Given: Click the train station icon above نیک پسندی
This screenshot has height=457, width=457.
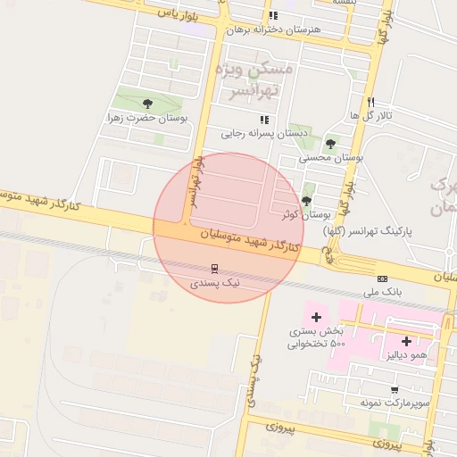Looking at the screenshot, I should point(215,268).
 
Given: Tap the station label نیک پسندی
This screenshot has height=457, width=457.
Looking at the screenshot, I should point(215,282).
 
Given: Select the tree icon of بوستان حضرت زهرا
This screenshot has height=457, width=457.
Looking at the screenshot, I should point(148,103).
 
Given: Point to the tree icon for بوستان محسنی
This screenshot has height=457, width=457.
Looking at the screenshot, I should point(331,143).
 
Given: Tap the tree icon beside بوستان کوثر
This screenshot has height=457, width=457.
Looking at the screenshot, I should point(308,201).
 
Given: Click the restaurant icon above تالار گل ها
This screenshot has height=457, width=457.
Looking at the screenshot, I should point(370,102).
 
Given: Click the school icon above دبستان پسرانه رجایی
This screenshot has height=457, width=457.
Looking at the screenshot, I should point(263,119).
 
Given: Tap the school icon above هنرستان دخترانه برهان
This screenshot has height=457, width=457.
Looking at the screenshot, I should point(272,15).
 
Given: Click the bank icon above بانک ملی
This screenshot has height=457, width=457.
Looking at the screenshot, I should point(383,278).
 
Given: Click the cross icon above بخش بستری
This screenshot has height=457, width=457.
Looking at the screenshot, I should point(316,317).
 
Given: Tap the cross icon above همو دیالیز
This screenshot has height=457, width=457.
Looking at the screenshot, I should point(407,341).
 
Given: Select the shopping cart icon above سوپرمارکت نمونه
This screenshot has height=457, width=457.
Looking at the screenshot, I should point(395,390).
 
